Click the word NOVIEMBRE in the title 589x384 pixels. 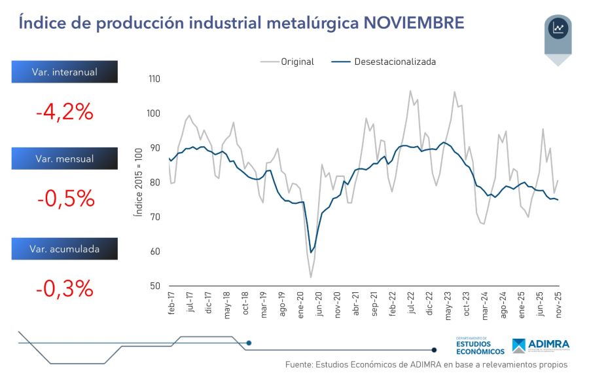tap(414, 23)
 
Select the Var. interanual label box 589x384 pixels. tap(64, 72)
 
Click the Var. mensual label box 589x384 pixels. tap(64, 159)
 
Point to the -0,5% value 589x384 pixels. tap(64, 199)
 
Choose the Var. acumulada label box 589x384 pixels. tap(64, 248)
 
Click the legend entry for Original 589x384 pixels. tap(288, 62)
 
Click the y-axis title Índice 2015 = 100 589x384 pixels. tap(139, 182)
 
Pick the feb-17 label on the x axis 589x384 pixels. tap(171, 305)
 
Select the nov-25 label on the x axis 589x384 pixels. tap(558, 305)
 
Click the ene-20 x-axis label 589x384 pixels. tap(301, 305)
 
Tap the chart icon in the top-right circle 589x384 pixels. tap(558, 28)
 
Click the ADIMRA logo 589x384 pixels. tap(541, 345)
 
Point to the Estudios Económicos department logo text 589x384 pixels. tap(480, 345)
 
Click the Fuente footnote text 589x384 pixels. tap(425, 364)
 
